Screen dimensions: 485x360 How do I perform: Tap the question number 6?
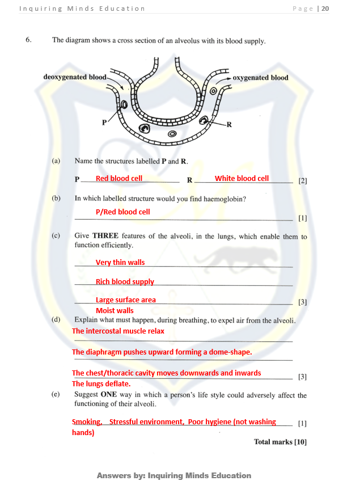click(x=28, y=40)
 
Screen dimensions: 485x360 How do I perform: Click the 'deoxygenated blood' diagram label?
click(x=75, y=77)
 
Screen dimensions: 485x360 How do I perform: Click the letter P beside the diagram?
click(x=104, y=122)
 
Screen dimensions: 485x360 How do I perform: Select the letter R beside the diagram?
click(x=229, y=124)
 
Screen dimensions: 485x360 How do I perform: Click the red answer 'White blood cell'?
click(x=242, y=179)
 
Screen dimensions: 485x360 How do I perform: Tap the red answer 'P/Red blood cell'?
click(x=122, y=212)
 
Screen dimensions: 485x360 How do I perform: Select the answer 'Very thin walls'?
click(x=120, y=263)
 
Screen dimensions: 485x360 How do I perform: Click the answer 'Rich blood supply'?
click(x=125, y=282)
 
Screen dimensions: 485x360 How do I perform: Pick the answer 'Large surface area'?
click(x=125, y=300)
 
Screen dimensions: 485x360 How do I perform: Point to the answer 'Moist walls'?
click(x=115, y=311)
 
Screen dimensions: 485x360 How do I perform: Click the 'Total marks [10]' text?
click(x=280, y=442)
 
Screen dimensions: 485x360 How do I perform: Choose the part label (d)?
click(x=56, y=320)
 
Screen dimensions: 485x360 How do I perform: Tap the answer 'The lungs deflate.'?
click(x=101, y=384)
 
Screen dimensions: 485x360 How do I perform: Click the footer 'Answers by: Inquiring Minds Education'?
click(x=174, y=475)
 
